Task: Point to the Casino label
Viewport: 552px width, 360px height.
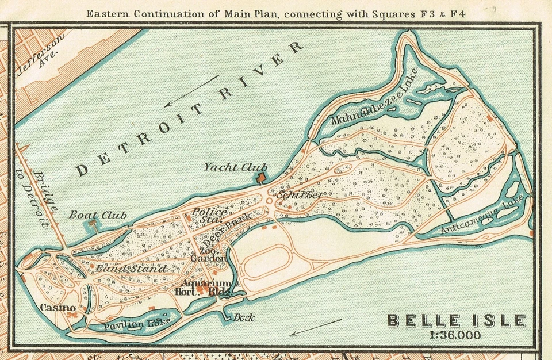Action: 58,308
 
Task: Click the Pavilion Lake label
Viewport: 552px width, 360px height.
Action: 131,324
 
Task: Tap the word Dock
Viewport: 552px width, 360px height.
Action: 244,317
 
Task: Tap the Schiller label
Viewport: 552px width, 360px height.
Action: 300,194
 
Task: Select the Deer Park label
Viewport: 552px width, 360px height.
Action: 229,229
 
